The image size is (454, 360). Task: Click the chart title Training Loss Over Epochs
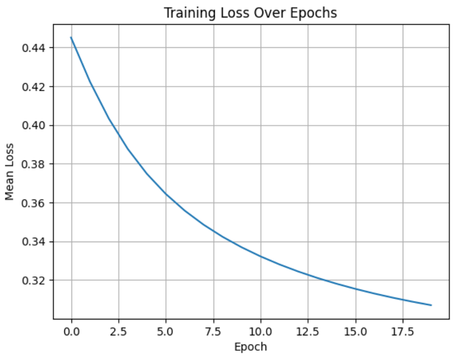pos(250,13)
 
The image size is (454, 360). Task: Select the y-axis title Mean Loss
pos(10,172)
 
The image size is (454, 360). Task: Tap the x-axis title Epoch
pos(250,347)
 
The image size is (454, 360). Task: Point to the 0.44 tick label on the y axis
pos(33,48)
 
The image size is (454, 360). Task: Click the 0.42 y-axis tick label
pos(33,86)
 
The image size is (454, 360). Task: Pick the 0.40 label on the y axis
pos(33,126)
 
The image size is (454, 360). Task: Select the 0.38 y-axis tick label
pos(33,164)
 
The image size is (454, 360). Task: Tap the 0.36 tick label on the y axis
pos(33,203)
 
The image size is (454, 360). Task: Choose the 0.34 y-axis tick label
pos(33,242)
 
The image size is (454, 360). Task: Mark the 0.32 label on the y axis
pos(33,280)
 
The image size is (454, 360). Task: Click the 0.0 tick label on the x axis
pos(72,331)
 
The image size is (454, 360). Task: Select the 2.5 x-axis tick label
pos(119,331)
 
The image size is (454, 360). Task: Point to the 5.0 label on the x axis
pos(166,331)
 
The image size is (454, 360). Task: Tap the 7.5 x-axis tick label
pos(213,331)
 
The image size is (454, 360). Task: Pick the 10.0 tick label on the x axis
pos(261,331)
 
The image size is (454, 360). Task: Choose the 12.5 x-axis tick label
pos(308,331)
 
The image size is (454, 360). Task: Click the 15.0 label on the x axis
pos(355,331)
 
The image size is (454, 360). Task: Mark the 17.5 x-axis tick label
pos(403,331)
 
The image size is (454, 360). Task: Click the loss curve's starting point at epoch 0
pos(71,38)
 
